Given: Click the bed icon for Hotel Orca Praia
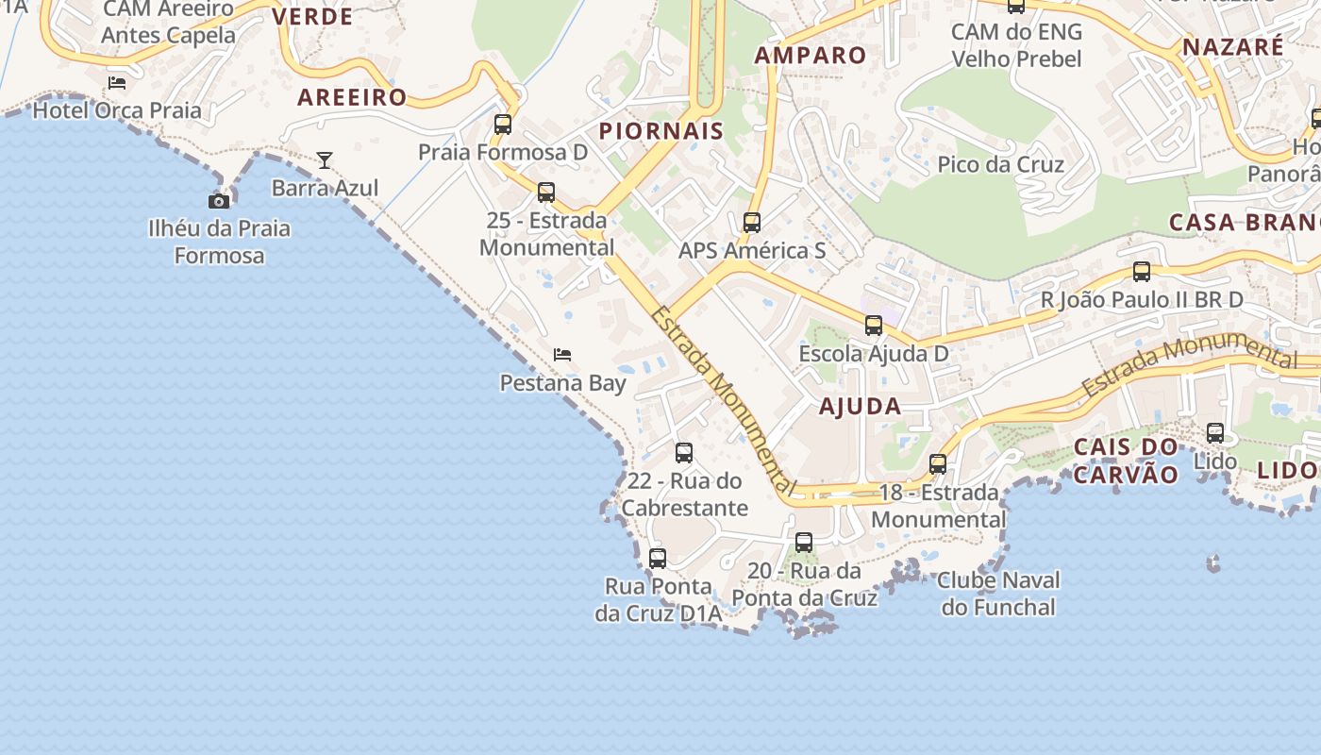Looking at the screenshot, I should pyautogui.click(x=117, y=83).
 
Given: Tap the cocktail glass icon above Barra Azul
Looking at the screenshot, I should pyautogui.click(x=325, y=160).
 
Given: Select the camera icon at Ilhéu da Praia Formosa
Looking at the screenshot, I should pyautogui.click(x=219, y=201).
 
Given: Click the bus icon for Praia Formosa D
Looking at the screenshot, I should pyautogui.click(x=503, y=125).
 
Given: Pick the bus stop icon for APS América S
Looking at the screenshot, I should pyautogui.click(x=752, y=223).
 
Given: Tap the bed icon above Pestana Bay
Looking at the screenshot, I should pyautogui.click(x=562, y=355).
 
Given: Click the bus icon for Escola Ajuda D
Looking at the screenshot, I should pyautogui.click(x=874, y=326).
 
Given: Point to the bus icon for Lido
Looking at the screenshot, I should pyautogui.click(x=1215, y=433).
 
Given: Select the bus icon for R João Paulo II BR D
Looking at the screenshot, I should pyautogui.click(x=1142, y=272).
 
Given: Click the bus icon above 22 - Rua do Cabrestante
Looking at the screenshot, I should pyautogui.click(x=684, y=453).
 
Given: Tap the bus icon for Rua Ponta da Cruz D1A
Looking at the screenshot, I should pyautogui.click(x=658, y=559).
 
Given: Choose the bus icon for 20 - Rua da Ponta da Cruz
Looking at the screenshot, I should pyautogui.click(x=804, y=543).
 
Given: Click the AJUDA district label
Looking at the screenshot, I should pyautogui.click(x=861, y=407).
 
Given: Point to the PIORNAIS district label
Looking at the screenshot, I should pyautogui.click(x=661, y=131).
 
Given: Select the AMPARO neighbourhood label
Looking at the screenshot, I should pyautogui.click(x=811, y=55).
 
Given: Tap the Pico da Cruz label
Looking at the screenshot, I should pyautogui.click(x=1000, y=164).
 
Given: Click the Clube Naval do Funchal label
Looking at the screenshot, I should pyautogui.click(x=998, y=594).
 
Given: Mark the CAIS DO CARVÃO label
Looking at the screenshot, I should pyautogui.click(x=1127, y=460).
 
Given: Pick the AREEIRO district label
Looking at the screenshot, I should pyautogui.click(x=352, y=97).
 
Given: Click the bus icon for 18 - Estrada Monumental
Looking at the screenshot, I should pyautogui.click(x=938, y=464).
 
